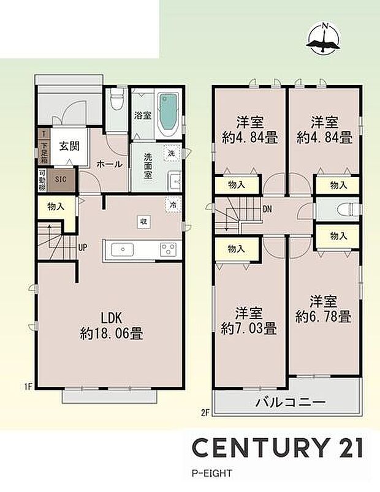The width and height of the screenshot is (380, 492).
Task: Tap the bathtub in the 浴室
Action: pos(168,115)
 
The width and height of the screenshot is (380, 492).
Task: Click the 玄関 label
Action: pos(67,146)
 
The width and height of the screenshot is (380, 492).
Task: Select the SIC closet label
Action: pos(61,180)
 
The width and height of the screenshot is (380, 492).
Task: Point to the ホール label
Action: pos(109,164)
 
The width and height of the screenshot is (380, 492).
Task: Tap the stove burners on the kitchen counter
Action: pos(167,249)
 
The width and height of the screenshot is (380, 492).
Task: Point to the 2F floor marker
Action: pos(205,412)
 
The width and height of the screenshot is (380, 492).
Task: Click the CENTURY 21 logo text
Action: pos(278,448)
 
